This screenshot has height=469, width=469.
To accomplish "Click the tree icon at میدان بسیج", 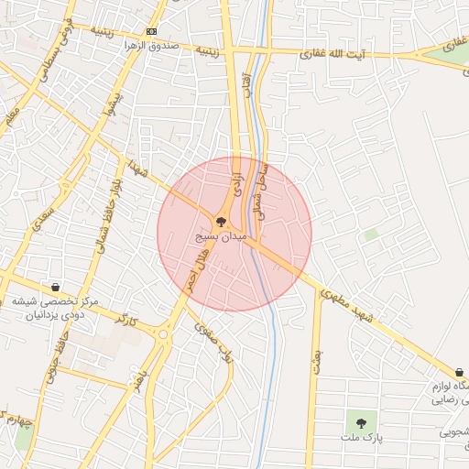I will [x=220, y=222].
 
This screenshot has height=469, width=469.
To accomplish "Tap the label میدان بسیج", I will [x=221, y=236].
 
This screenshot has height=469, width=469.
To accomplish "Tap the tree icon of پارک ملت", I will [x=362, y=423].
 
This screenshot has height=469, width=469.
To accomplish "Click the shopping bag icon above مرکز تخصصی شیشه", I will [x=56, y=287].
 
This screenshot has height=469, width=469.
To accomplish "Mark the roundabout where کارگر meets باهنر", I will [x=163, y=335].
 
